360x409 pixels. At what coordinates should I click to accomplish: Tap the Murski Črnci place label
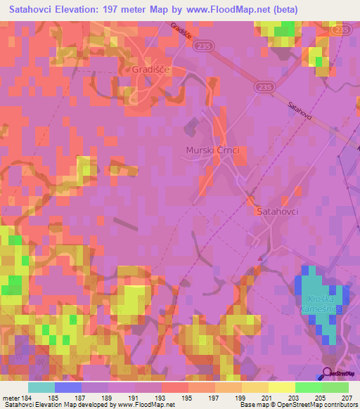coord(213,150)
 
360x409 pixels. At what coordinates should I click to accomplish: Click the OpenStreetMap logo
coord(340,374)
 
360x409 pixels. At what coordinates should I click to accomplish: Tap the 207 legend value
coord(349,397)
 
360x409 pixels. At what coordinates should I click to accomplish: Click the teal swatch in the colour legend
coord(41,387)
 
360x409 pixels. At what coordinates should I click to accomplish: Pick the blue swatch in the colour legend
coord(68,387)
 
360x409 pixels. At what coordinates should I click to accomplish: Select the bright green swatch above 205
coord(309,387)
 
